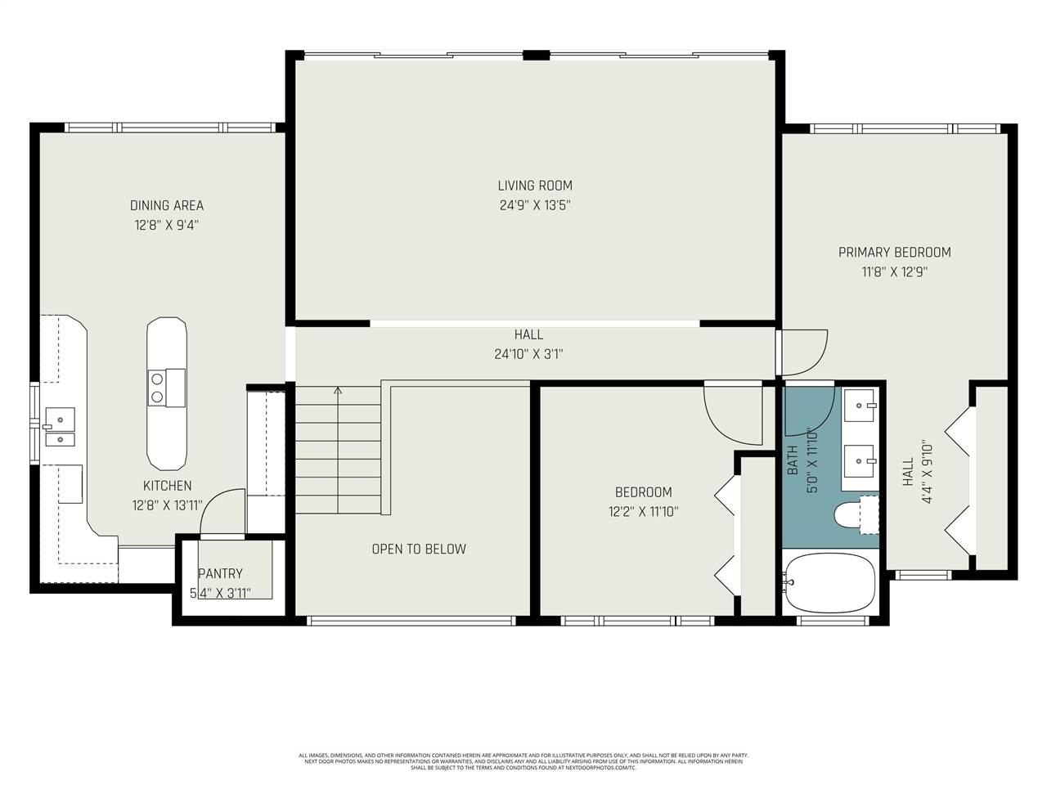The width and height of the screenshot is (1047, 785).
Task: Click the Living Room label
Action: point(535,186)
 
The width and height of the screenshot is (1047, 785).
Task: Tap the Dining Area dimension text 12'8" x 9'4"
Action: point(167,225)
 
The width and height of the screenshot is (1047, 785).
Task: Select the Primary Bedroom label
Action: point(894,252)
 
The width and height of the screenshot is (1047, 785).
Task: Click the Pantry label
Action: point(220,573)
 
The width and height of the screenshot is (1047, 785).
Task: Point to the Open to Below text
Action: point(419,549)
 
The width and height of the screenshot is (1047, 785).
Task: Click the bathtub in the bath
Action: point(829,582)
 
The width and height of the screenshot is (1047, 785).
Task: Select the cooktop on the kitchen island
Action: point(166,387)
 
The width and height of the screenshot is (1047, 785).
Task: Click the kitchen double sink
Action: point(60,428)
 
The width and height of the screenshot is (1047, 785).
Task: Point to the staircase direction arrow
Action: point(338,391)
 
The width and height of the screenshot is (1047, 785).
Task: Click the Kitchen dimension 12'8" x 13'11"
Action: point(167,505)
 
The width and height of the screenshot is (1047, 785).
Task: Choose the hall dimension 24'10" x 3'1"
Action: point(528,354)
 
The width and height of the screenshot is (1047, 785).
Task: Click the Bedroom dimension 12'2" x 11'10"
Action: point(643,512)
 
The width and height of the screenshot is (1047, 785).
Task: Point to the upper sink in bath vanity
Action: point(859,401)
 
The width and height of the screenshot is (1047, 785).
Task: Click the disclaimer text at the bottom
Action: point(523,761)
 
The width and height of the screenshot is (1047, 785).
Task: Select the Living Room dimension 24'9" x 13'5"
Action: point(535,205)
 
